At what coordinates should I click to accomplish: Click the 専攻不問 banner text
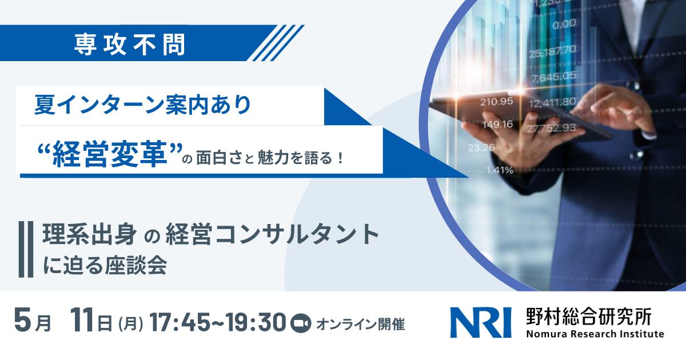pos(130,45)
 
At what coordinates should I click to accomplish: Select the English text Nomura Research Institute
pos(595,334)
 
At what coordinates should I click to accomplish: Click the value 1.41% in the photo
pos(498,169)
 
